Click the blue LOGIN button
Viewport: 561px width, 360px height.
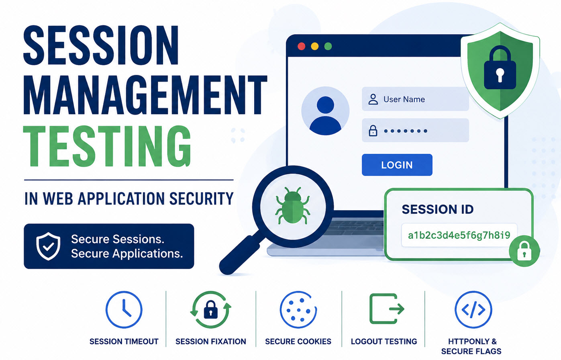397,165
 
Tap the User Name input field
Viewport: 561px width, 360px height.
415,99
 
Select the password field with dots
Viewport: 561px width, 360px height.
415,130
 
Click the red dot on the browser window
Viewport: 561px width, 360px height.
301,46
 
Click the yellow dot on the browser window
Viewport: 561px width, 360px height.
314,46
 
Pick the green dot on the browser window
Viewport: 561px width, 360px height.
328,46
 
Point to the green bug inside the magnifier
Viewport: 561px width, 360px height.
292,205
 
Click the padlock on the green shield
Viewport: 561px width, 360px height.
500,67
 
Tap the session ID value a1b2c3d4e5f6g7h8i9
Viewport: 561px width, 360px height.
459,235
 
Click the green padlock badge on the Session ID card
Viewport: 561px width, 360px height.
524,251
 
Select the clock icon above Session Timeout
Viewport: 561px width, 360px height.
124,310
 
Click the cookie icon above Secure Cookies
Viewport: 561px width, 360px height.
298,310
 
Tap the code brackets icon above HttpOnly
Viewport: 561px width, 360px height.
473,310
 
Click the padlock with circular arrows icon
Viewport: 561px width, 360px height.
210,310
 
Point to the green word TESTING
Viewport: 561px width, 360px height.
107,146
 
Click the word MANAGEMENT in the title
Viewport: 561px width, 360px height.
145,95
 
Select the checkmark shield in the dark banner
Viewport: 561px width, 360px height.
48,246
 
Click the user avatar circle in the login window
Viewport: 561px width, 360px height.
325,111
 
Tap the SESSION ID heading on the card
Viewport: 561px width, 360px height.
438,209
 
